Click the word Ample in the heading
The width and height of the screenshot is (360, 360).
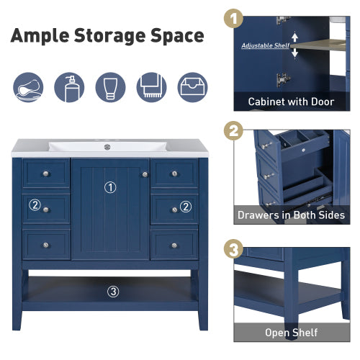pos(45,35)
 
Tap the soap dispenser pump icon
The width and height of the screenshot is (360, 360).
pos(70,87)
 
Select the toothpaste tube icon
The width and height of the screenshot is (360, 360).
pos(110,87)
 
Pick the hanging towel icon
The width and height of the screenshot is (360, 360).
pos(151,87)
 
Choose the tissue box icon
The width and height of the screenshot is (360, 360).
pos(192,87)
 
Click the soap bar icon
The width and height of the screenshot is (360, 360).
pos(28,87)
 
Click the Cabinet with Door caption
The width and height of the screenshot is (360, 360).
pos(291,102)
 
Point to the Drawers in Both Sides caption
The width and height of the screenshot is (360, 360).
pos(291,215)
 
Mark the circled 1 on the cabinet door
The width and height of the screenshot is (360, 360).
pos(110,187)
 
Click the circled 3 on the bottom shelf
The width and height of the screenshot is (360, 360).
pos(113,292)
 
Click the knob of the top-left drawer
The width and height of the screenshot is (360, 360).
pos(46,174)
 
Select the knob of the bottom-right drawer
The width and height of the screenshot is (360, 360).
pos(174,245)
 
